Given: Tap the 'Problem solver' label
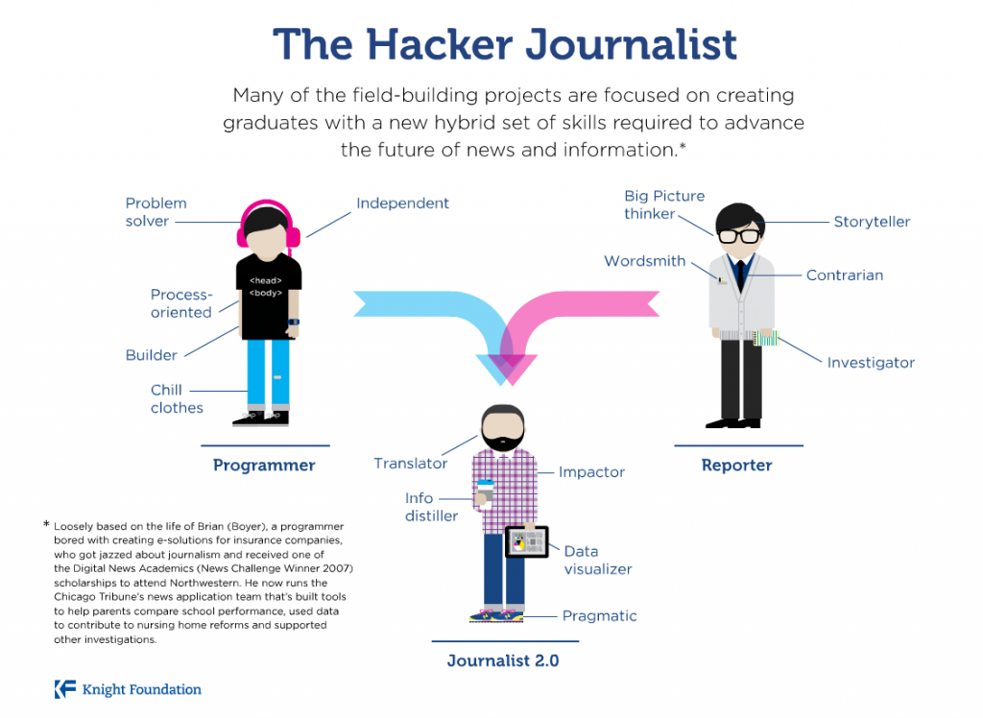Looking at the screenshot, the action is [x=156, y=212].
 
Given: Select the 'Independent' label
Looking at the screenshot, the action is [x=402, y=203].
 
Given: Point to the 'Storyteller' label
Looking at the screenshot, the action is [x=871, y=222].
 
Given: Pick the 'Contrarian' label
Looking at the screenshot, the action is [x=844, y=275].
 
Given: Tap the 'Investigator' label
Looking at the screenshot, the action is [x=871, y=363].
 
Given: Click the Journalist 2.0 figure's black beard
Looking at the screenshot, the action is [x=503, y=438].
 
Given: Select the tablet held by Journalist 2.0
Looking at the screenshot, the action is [x=526, y=543].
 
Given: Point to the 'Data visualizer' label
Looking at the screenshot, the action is [x=597, y=560].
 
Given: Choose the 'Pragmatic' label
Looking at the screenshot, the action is [x=599, y=616].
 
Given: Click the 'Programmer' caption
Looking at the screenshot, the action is [x=264, y=466].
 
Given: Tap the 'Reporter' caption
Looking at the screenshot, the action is [x=736, y=466].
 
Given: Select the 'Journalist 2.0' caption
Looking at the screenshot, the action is [x=503, y=660].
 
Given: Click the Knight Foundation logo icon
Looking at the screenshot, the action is [x=64, y=688].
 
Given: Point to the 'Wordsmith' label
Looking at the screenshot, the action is [x=644, y=261].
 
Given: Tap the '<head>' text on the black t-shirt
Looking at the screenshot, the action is [x=265, y=280].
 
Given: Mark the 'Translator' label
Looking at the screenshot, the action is [x=410, y=464].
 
